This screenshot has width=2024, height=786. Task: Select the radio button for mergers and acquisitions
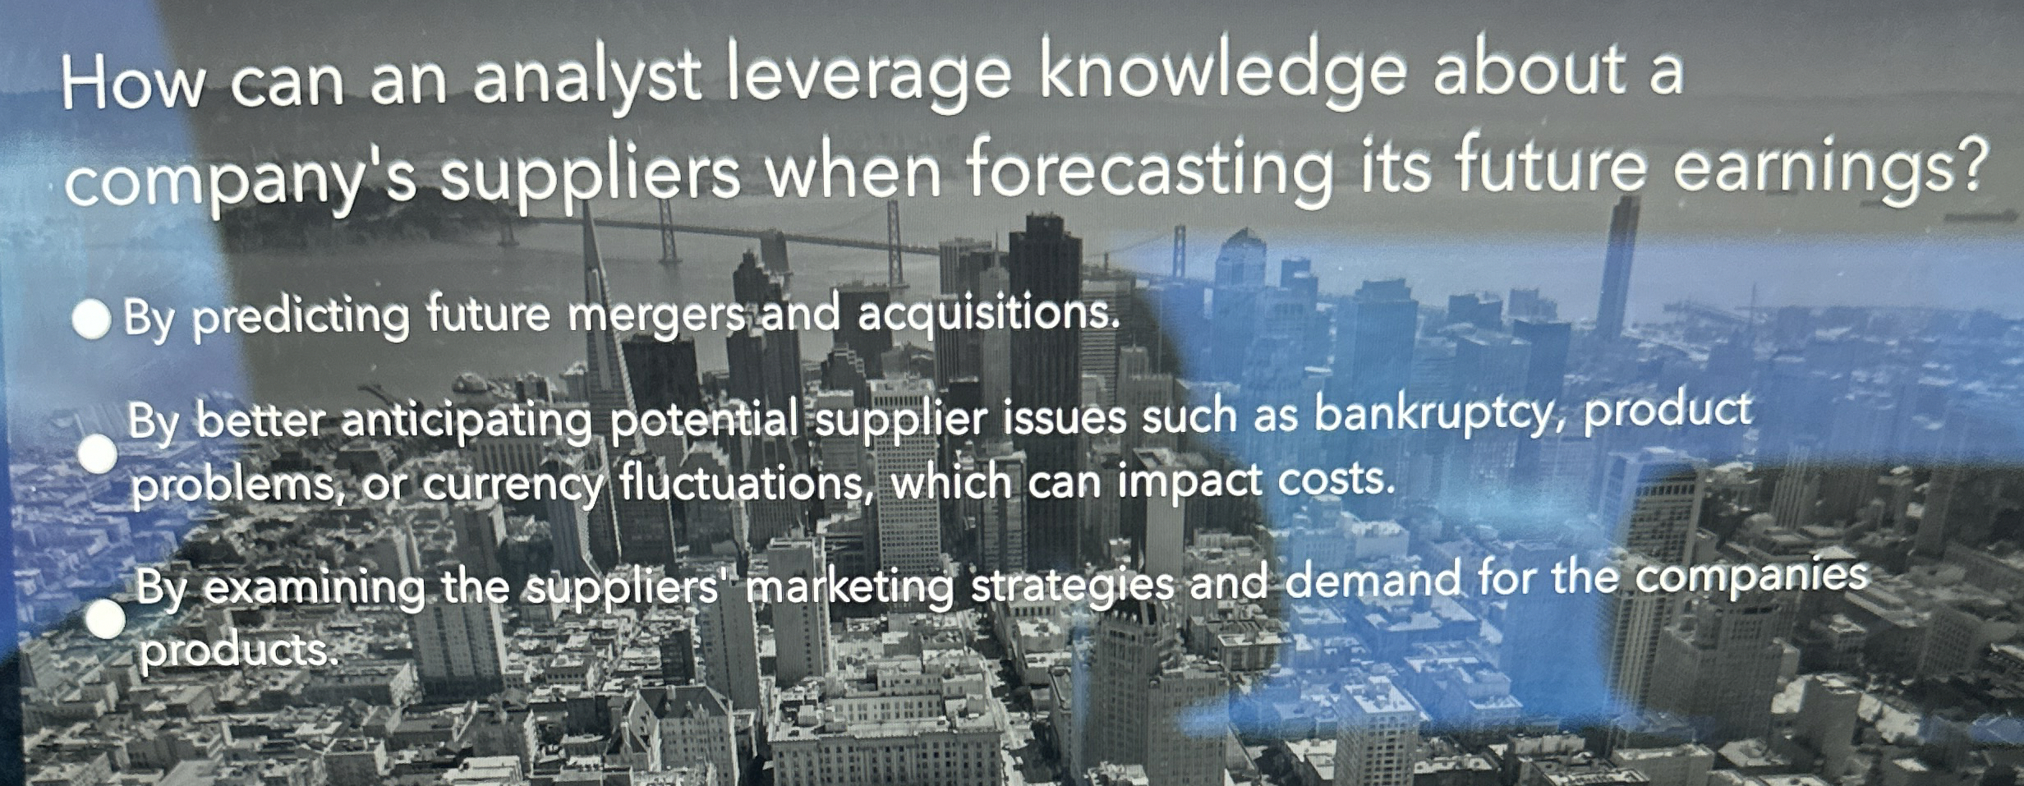click(x=91, y=320)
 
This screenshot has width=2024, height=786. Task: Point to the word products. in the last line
click(x=238, y=651)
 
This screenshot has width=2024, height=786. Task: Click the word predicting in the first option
click(x=301, y=319)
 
